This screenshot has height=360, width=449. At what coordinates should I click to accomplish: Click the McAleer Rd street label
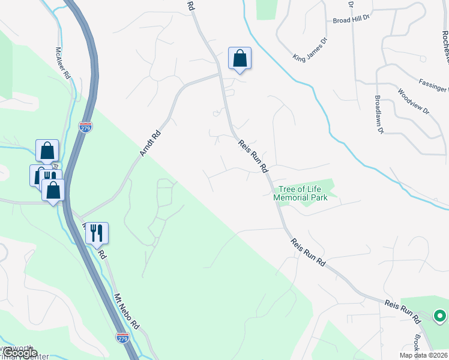point(63,63)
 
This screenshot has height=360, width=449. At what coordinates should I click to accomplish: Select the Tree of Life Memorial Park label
point(300,193)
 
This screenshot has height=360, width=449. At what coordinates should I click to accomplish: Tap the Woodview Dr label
point(414,101)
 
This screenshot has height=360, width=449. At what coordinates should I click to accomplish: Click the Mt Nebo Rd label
point(127,311)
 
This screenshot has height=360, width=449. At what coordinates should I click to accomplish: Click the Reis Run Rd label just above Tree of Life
point(253,157)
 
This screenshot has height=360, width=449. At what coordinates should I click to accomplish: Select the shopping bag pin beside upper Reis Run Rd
point(240,59)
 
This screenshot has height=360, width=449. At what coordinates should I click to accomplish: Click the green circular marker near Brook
point(439,316)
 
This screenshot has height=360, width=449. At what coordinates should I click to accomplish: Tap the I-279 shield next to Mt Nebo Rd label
point(122,338)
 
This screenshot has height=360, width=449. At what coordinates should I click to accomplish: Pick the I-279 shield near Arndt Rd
point(85,127)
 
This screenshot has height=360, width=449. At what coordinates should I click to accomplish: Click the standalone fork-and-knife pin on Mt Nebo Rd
point(97,233)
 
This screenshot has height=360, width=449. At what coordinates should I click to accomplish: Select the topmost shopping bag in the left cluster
point(47,151)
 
